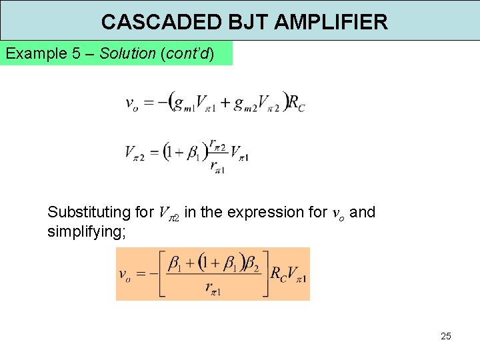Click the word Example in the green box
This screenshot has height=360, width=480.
pos(36,53)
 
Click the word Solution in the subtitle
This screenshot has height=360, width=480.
pos(127,53)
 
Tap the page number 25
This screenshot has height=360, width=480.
pos(446,336)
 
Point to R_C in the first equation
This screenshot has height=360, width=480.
pos(297,103)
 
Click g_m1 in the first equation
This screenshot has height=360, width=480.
pos(183,103)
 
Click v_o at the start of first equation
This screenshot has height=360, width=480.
pos(132,103)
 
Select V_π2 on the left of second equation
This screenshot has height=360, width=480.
pos(137,153)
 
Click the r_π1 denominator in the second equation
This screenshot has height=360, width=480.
pos(217,167)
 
